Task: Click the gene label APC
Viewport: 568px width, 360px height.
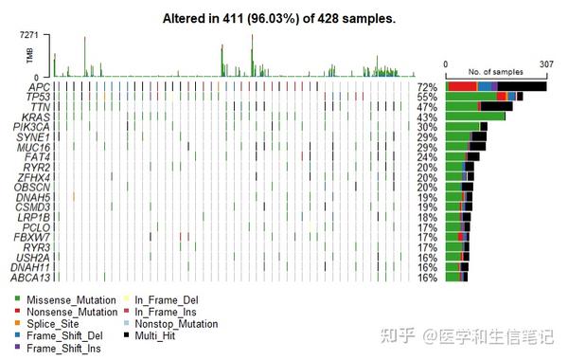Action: [40, 87]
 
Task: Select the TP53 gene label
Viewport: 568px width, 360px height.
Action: [39, 98]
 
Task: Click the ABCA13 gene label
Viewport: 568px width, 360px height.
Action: [33, 278]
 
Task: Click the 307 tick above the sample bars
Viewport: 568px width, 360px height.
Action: [546, 64]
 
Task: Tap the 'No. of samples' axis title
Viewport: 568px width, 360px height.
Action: [495, 72]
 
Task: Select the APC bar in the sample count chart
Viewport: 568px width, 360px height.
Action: [496, 87]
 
